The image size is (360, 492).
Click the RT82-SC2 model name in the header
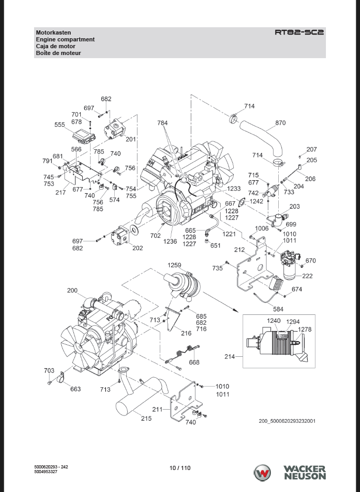299,32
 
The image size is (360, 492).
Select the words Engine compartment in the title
66,39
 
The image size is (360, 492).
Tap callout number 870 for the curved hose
280,123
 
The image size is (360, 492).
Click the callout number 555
60,125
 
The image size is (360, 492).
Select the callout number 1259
174,265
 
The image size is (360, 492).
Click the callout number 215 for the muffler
146,418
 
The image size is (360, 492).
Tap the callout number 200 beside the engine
72,291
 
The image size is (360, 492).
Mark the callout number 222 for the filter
307,276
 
